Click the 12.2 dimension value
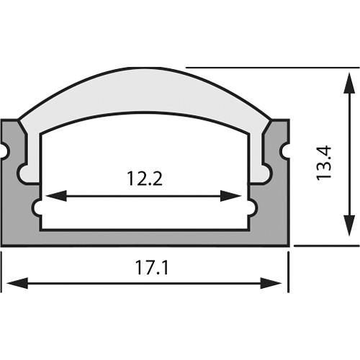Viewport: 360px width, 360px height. pos(145,178)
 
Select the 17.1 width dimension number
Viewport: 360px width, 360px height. pos(151,268)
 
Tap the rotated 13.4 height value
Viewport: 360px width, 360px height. pos(323,163)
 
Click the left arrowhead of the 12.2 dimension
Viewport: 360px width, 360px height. pos(55,196)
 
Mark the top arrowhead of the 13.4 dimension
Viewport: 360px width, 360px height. pos(348,81)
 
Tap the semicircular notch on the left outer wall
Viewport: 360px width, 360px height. pos(5,150)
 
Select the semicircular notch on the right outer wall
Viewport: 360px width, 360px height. pos(284,150)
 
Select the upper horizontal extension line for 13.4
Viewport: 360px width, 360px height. pos(266,68)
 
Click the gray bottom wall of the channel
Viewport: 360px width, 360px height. pos(144,238)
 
